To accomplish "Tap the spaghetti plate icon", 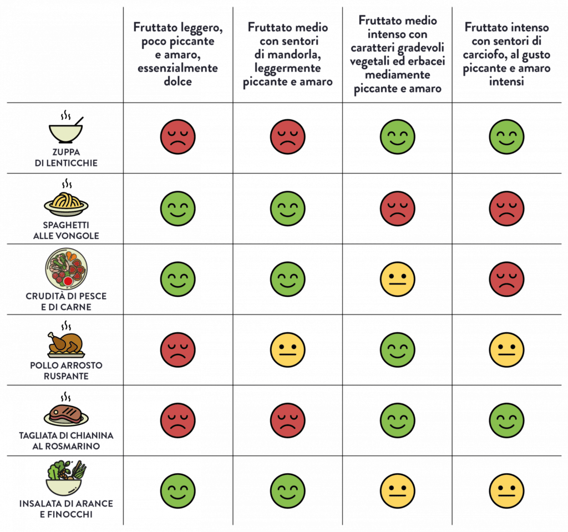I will pyautogui.click(x=66, y=204).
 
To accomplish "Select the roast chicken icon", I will pyautogui.click(x=65, y=344).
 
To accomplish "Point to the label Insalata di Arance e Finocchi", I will pyautogui.click(x=66, y=509).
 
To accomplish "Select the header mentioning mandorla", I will pyautogui.click(x=287, y=55).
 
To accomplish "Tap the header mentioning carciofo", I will pyautogui.click(x=507, y=54).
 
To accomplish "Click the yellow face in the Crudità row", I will pyautogui.click(x=397, y=278).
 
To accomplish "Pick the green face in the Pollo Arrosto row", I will pyautogui.click(x=397, y=349).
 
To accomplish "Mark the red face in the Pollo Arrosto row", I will pyautogui.click(x=178, y=349).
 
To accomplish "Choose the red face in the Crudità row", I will pyautogui.click(x=507, y=278).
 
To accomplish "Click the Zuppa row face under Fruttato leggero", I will pyautogui.click(x=178, y=136).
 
